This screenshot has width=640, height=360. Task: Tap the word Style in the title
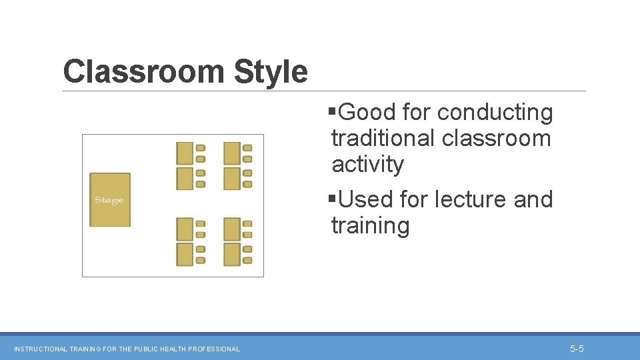point(271,71)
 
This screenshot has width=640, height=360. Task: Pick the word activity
point(368,164)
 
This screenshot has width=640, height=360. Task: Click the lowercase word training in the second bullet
point(370,226)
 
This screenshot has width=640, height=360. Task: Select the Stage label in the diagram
point(109,200)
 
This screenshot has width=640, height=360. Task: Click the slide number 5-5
point(577,349)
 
